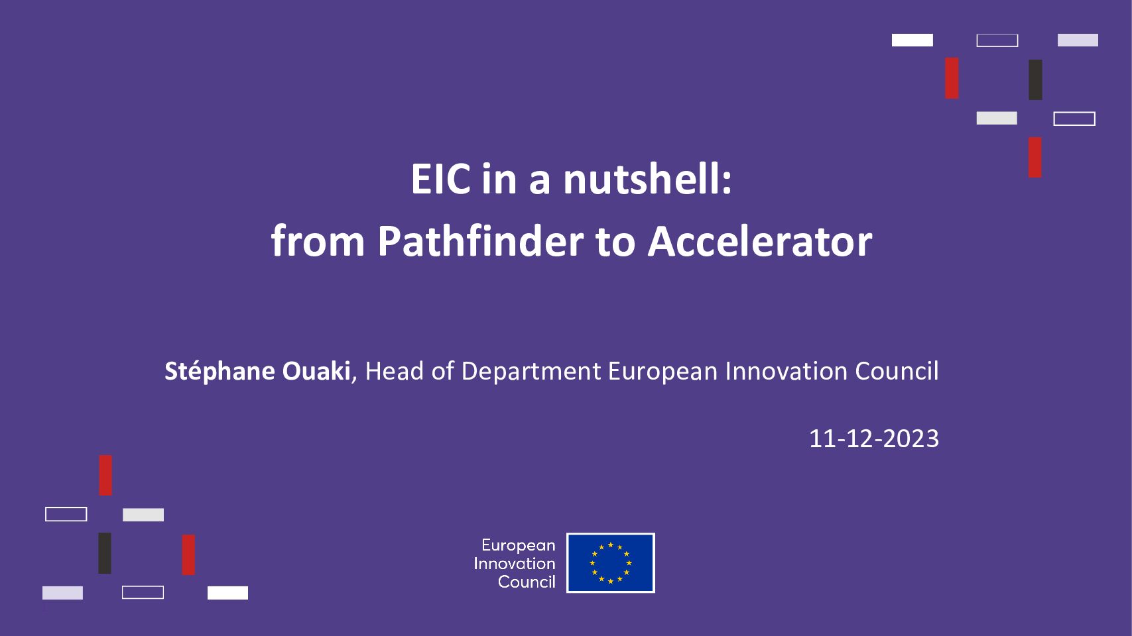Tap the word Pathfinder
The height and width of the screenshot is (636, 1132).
point(481,241)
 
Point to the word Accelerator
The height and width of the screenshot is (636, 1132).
point(760,241)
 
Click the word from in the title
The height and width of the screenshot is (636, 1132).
point(318,241)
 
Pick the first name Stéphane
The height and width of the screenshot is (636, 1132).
point(220,372)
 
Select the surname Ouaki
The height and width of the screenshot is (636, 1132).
point(316,371)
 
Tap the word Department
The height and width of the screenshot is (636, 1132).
point(531,372)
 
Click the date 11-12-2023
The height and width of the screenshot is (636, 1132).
point(874,438)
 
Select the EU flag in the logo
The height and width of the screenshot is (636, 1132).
point(611,563)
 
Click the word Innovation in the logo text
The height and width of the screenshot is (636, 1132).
point(515,563)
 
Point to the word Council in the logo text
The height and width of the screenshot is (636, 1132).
point(527,582)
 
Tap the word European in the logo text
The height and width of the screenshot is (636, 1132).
point(519,546)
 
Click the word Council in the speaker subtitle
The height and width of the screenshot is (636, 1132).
point(897,371)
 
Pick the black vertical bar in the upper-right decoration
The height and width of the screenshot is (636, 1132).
point(1035,79)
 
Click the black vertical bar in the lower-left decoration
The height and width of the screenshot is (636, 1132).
point(105,553)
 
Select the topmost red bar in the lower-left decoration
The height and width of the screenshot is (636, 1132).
point(105,476)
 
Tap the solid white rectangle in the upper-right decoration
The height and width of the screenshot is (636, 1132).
point(912,40)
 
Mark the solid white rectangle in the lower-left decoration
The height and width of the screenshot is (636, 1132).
point(228,592)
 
